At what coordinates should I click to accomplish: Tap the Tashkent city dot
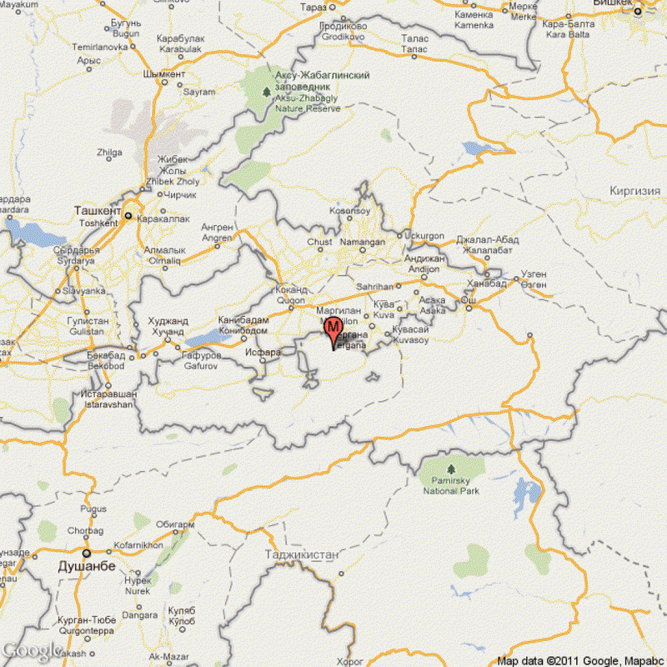click(x=128, y=215)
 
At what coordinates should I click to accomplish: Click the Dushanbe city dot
click(x=86, y=553)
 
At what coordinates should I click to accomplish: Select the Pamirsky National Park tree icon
click(x=451, y=469)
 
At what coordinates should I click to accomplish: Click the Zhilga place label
click(x=109, y=153)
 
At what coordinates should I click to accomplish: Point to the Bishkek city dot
click(x=638, y=12)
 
